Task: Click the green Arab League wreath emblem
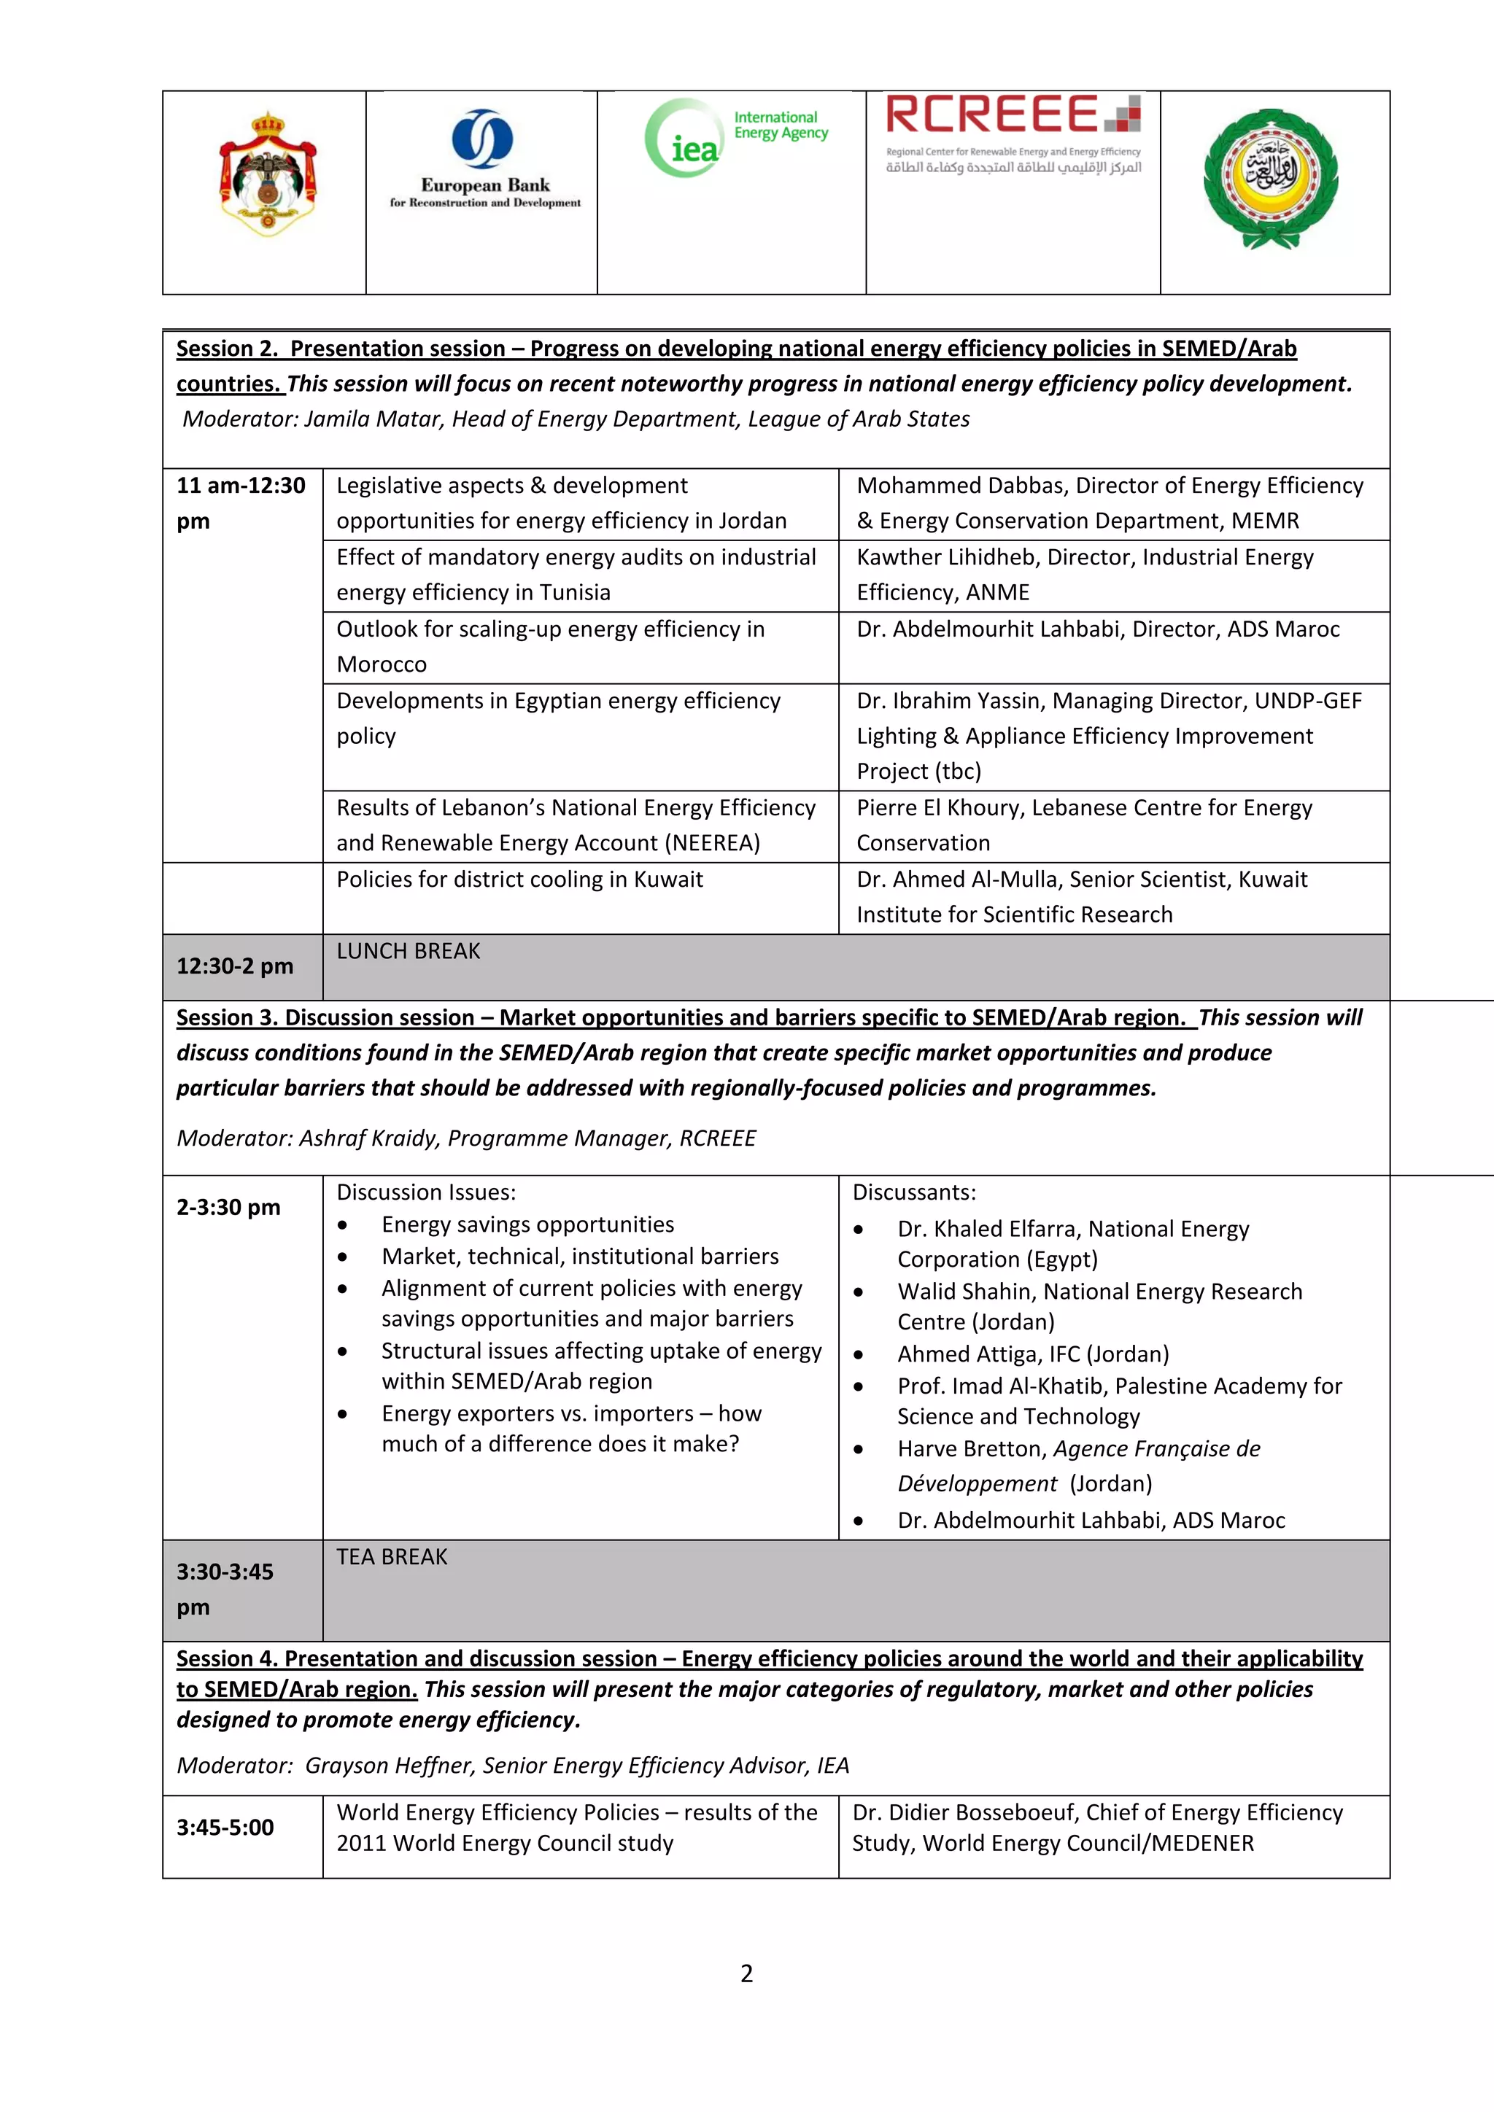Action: [1271, 179]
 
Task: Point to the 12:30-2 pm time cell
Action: [235, 966]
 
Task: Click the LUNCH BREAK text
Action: [409, 951]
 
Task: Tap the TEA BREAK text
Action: [392, 1556]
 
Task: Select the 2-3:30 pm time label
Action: [228, 1207]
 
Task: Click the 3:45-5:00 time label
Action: [225, 1827]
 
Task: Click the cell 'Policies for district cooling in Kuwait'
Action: [520, 880]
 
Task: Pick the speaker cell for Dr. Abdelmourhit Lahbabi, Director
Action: [1097, 629]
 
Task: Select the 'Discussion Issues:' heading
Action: [426, 1192]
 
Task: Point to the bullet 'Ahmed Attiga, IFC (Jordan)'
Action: [1032, 1354]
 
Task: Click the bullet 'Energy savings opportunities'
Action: [527, 1224]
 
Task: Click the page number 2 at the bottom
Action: [746, 1973]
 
